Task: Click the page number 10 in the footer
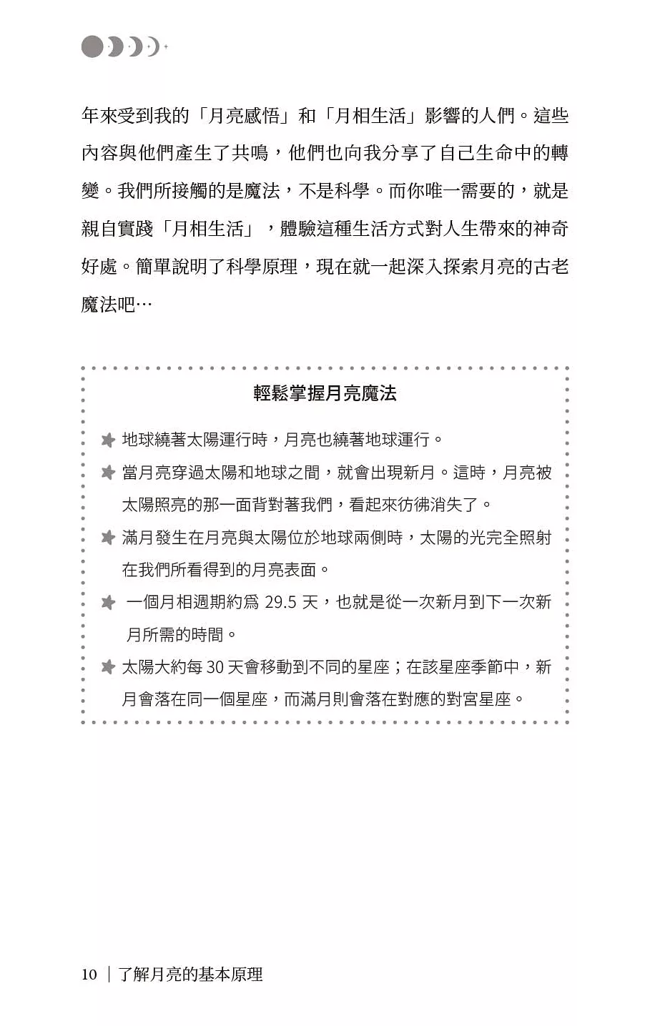point(89,975)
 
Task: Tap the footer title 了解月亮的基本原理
point(190,975)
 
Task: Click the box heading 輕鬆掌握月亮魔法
point(325,393)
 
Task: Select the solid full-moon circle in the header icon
point(92,47)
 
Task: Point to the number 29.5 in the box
point(280,602)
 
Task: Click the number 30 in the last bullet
point(215,667)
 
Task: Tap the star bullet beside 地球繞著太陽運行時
point(108,440)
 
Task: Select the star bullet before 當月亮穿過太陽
point(108,473)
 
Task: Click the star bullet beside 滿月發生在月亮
point(108,538)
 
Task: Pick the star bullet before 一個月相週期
point(108,603)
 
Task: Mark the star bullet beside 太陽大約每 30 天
point(108,668)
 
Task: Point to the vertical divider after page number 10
point(109,975)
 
